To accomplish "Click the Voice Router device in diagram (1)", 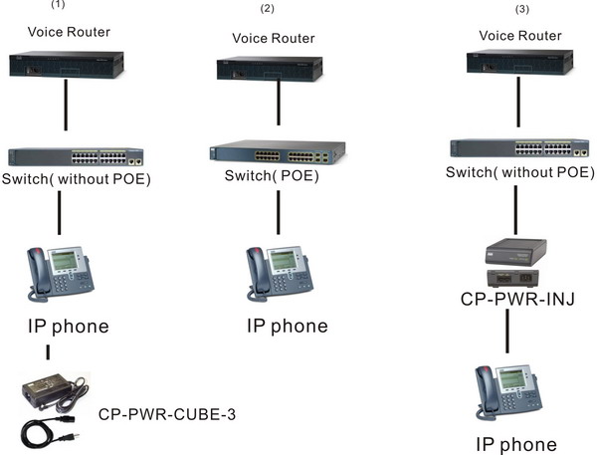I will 67,65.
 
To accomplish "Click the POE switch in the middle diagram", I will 277,152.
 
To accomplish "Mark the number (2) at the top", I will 267,9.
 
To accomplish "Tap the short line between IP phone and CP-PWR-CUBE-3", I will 47,353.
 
